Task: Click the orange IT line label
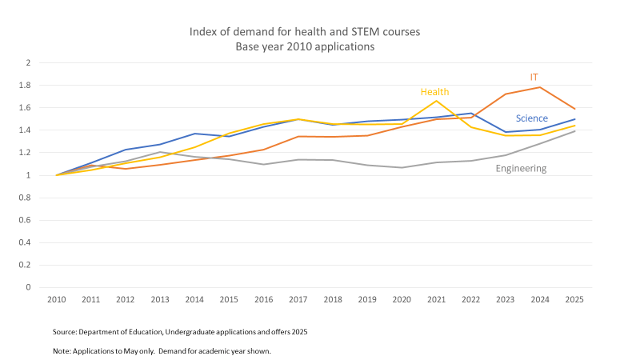click(x=534, y=77)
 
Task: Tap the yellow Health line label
click(x=434, y=92)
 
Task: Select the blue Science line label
click(x=531, y=118)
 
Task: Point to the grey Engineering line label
click(x=521, y=168)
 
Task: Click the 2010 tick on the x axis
click(x=55, y=299)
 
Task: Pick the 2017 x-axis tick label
click(x=298, y=299)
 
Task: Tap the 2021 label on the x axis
click(x=436, y=299)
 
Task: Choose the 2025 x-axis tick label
click(x=574, y=299)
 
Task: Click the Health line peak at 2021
click(x=436, y=101)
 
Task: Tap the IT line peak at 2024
click(x=540, y=87)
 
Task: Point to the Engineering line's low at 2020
click(x=402, y=167)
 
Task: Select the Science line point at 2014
click(x=194, y=134)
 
